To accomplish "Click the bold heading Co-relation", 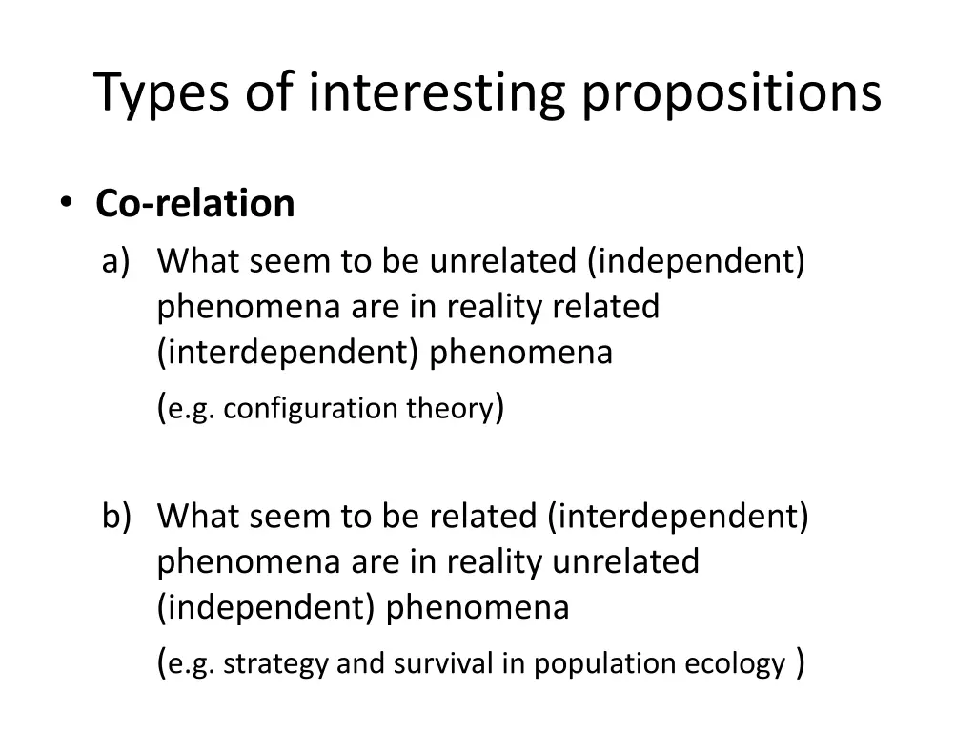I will click(x=195, y=204).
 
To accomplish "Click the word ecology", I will click(x=736, y=664).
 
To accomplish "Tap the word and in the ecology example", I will click(x=359, y=664).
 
